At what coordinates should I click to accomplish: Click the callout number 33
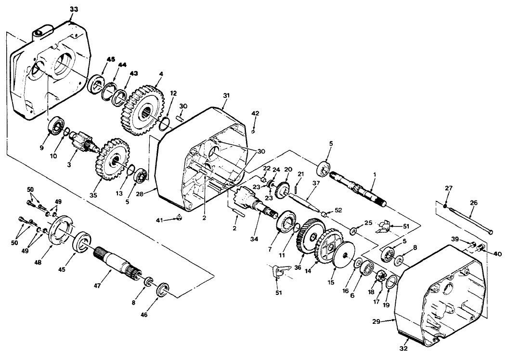74,9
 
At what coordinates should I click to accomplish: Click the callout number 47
97,285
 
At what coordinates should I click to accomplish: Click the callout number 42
256,113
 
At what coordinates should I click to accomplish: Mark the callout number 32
403,348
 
